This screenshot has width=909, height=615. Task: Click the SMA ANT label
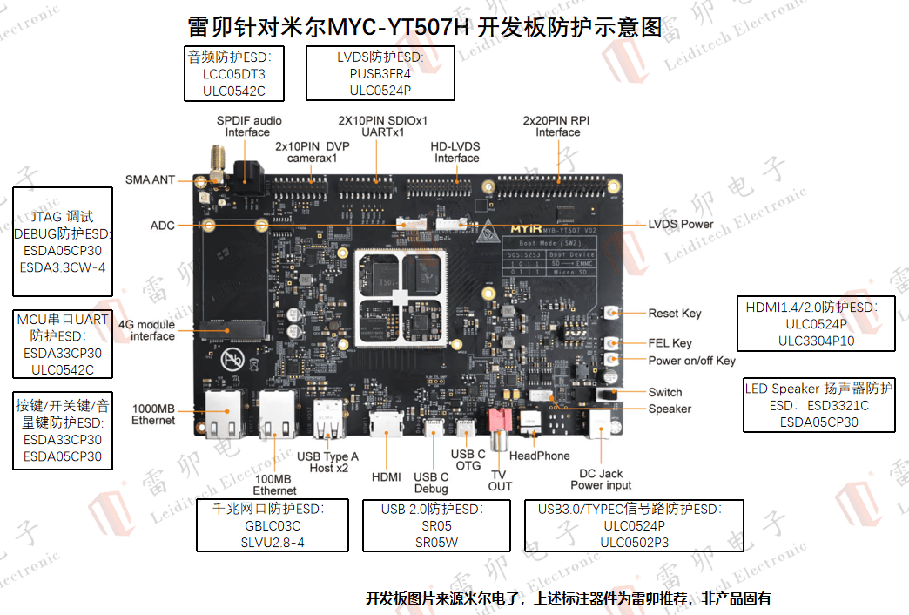click(x=150, y=179)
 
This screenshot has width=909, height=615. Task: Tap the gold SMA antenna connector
click(x=214, y=166)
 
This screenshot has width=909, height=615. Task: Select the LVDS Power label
click(x=680, y=224)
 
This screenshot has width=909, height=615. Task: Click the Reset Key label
click(x=674, y=314)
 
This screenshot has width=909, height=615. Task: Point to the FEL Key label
click(x=670, y=343)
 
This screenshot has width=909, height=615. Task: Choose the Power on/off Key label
click(x=691, y=361)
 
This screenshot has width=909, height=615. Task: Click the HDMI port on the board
click(x=385, y=426)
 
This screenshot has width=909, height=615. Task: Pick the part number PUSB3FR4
click(x=380, y=73)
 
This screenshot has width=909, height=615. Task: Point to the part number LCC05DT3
click(x=233, y=74)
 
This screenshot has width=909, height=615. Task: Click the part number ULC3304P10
click(x=816, y=341)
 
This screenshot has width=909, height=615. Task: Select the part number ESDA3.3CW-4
click(x=63, y=267)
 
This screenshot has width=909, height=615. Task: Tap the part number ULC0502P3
click(x=634, y=542)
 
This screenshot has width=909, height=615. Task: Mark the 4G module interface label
click(x=146, y=330)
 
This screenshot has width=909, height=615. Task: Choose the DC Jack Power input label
click(x=601, y=479)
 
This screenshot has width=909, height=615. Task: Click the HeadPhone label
click(x=540, y=456)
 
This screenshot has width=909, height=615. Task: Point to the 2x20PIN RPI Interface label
click(x=557, y=126)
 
